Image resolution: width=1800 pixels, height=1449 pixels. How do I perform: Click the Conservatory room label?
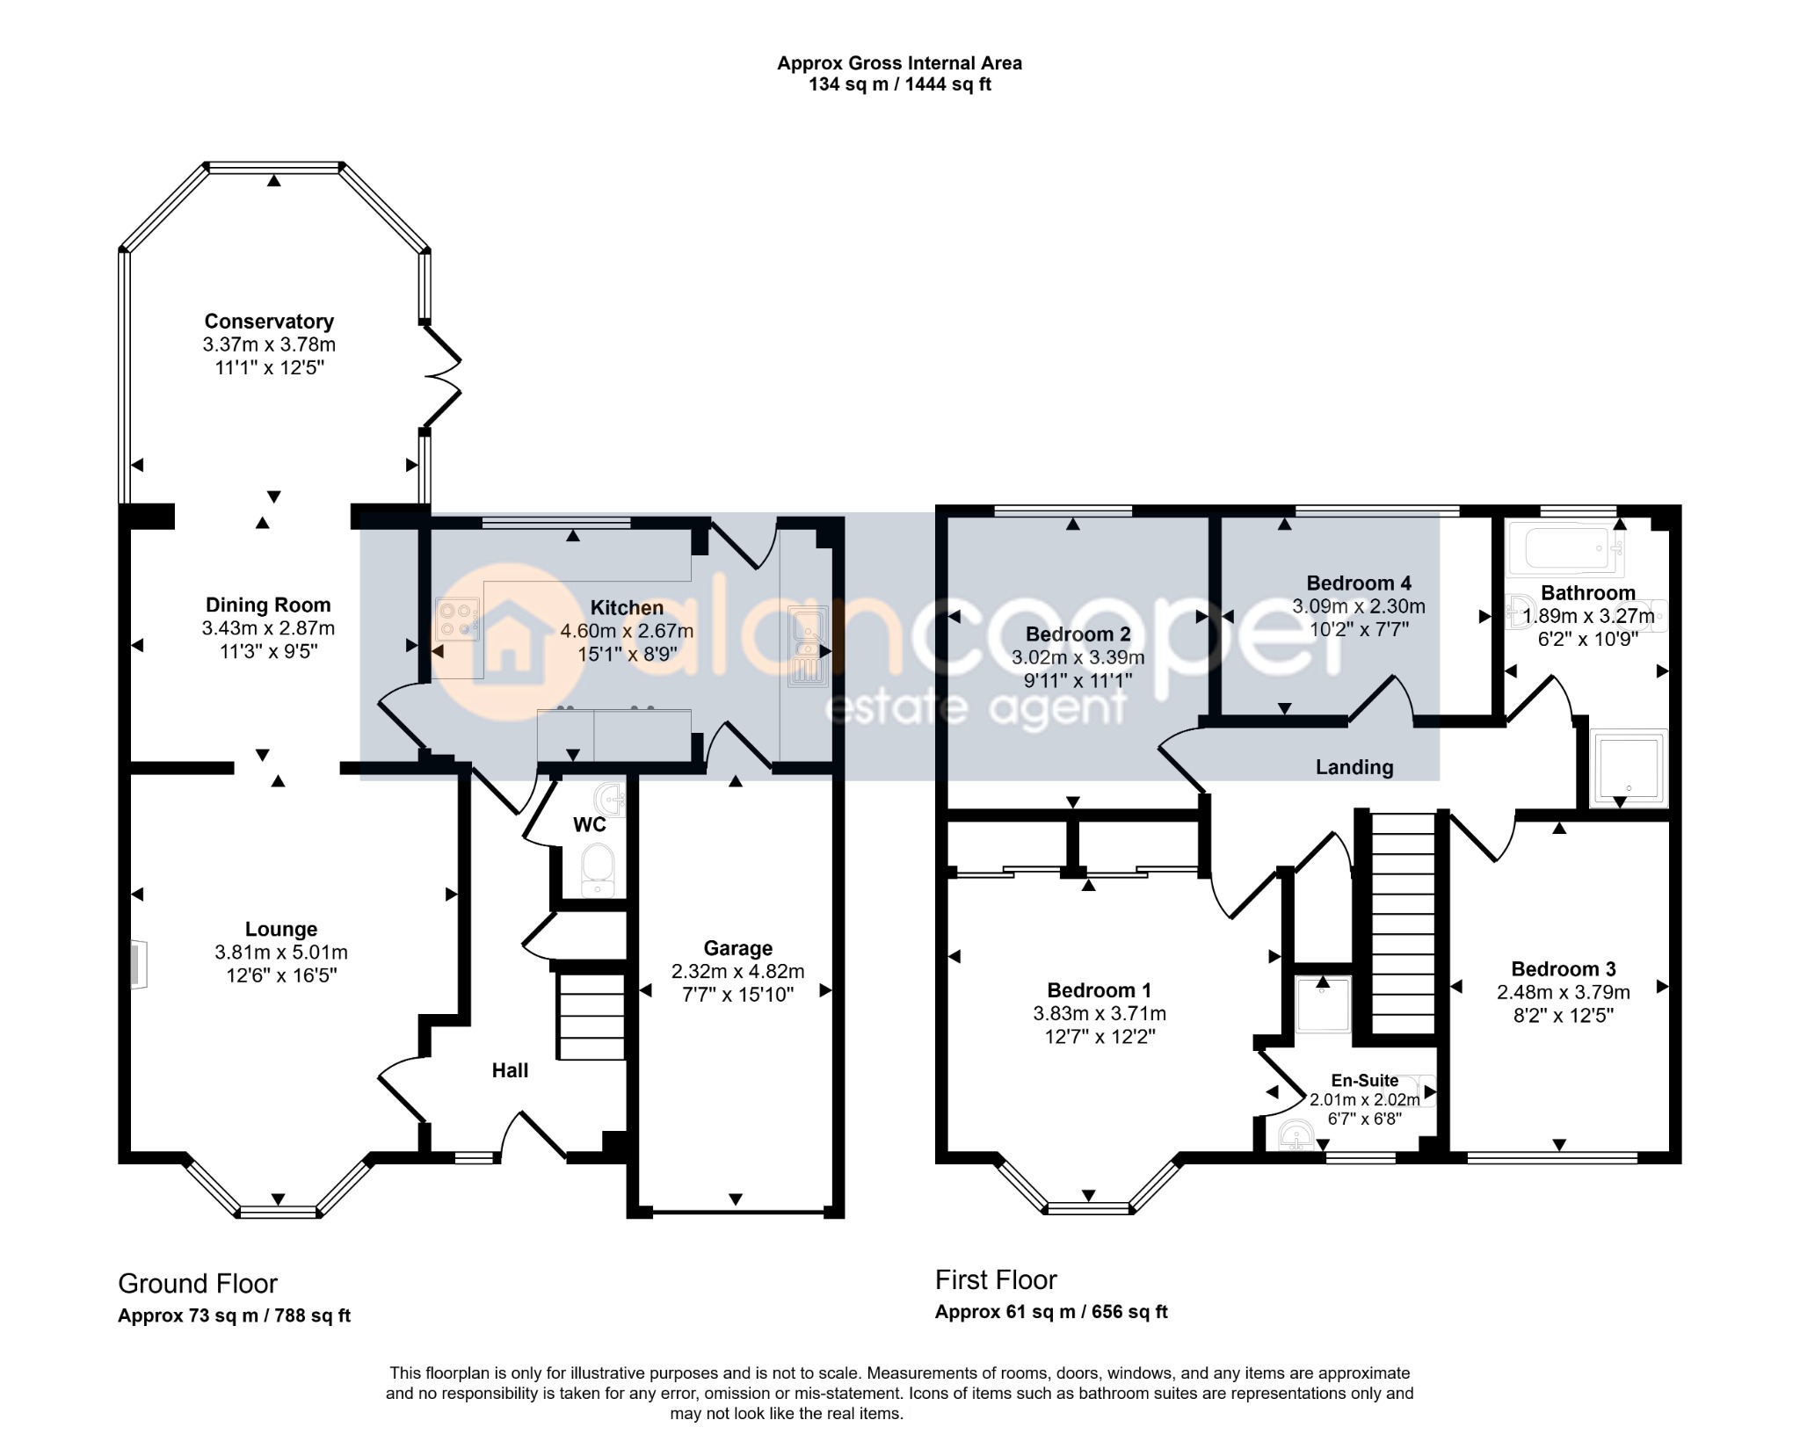coord(269,322)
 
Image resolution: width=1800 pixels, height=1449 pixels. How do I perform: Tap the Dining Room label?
coord(268,605)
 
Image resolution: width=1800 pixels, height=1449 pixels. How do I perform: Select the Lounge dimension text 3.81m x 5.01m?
coord(281,953)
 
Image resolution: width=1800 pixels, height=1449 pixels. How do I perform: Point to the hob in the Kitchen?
coord(458,620)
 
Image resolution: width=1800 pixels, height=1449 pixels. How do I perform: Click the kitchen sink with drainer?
coord(806,646)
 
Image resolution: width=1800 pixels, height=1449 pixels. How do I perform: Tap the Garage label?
coord(738,948)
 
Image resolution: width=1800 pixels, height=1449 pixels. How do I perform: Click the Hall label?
coord(510,1070)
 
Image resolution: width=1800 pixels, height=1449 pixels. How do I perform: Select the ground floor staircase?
coord(592,1017)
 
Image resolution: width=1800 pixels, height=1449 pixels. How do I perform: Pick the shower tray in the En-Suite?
coord(1324,1003)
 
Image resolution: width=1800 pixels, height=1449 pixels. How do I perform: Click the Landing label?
coord(1354,767)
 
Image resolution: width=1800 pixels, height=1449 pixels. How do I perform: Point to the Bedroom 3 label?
coord(1564,969)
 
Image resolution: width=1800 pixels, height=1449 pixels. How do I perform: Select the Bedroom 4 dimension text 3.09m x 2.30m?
coord(1359,606)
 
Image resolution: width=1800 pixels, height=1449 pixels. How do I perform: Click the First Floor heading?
coord(996,1280)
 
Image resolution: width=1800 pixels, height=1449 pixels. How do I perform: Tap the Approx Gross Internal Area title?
coord(899,63)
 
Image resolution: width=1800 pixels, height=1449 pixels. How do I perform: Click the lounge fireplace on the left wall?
coord(139,966)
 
